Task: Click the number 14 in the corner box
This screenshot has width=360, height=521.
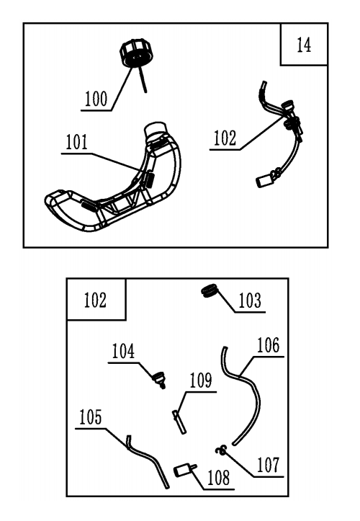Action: [x=304, y=45]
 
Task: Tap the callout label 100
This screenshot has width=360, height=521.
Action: [x=96, y=99]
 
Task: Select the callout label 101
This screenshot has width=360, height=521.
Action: [x=77, y=142]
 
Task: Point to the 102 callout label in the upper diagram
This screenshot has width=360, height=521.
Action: [x=225, y=138]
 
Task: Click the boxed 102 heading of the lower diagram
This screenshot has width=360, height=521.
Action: [x=95, y=300]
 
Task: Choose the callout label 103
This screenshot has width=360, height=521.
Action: [x=250, y=300]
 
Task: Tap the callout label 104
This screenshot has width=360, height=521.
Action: [x=123, y=351]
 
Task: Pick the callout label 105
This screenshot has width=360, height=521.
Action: [x=90, y=417]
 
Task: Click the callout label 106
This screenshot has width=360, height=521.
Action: [x=269, y=345]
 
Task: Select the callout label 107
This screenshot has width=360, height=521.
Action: [x=269, y=465]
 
